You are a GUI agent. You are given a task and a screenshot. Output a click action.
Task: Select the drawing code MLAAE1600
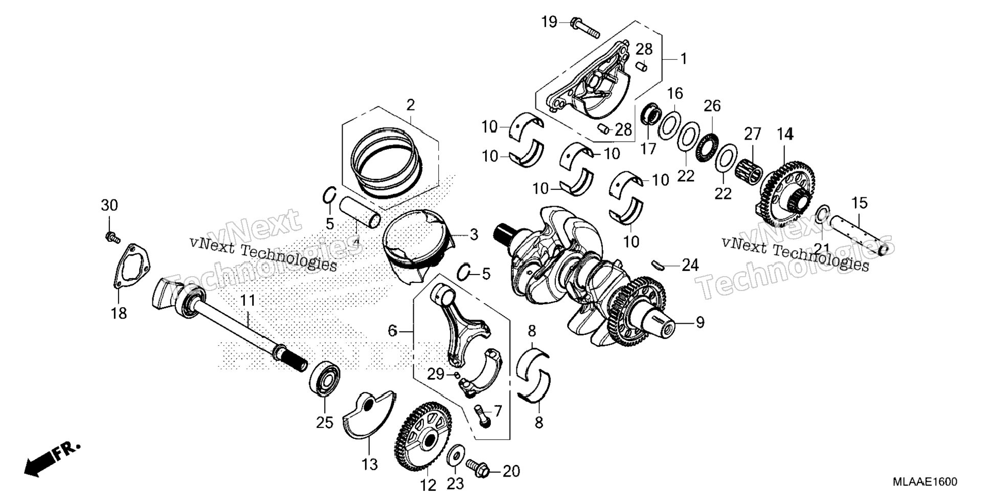[x=925, y=482]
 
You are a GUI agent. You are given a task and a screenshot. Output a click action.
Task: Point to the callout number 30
[x=109, y=206]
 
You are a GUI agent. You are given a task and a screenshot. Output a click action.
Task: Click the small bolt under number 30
[x=112, y=237]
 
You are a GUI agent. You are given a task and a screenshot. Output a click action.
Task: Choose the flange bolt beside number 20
[x=478, y=468]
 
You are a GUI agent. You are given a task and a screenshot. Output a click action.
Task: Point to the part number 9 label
[x=699, y=323]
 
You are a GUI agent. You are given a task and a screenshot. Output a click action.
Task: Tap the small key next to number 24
[x=658, y=264]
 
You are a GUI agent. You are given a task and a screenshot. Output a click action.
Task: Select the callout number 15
[x=860, y=203]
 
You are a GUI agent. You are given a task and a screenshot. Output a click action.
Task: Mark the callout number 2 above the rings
[x=410, y=105]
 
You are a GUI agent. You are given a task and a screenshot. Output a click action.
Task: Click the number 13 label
[x=369, y=464]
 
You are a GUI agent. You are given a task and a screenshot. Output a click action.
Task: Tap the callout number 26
[x=712, y=106]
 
